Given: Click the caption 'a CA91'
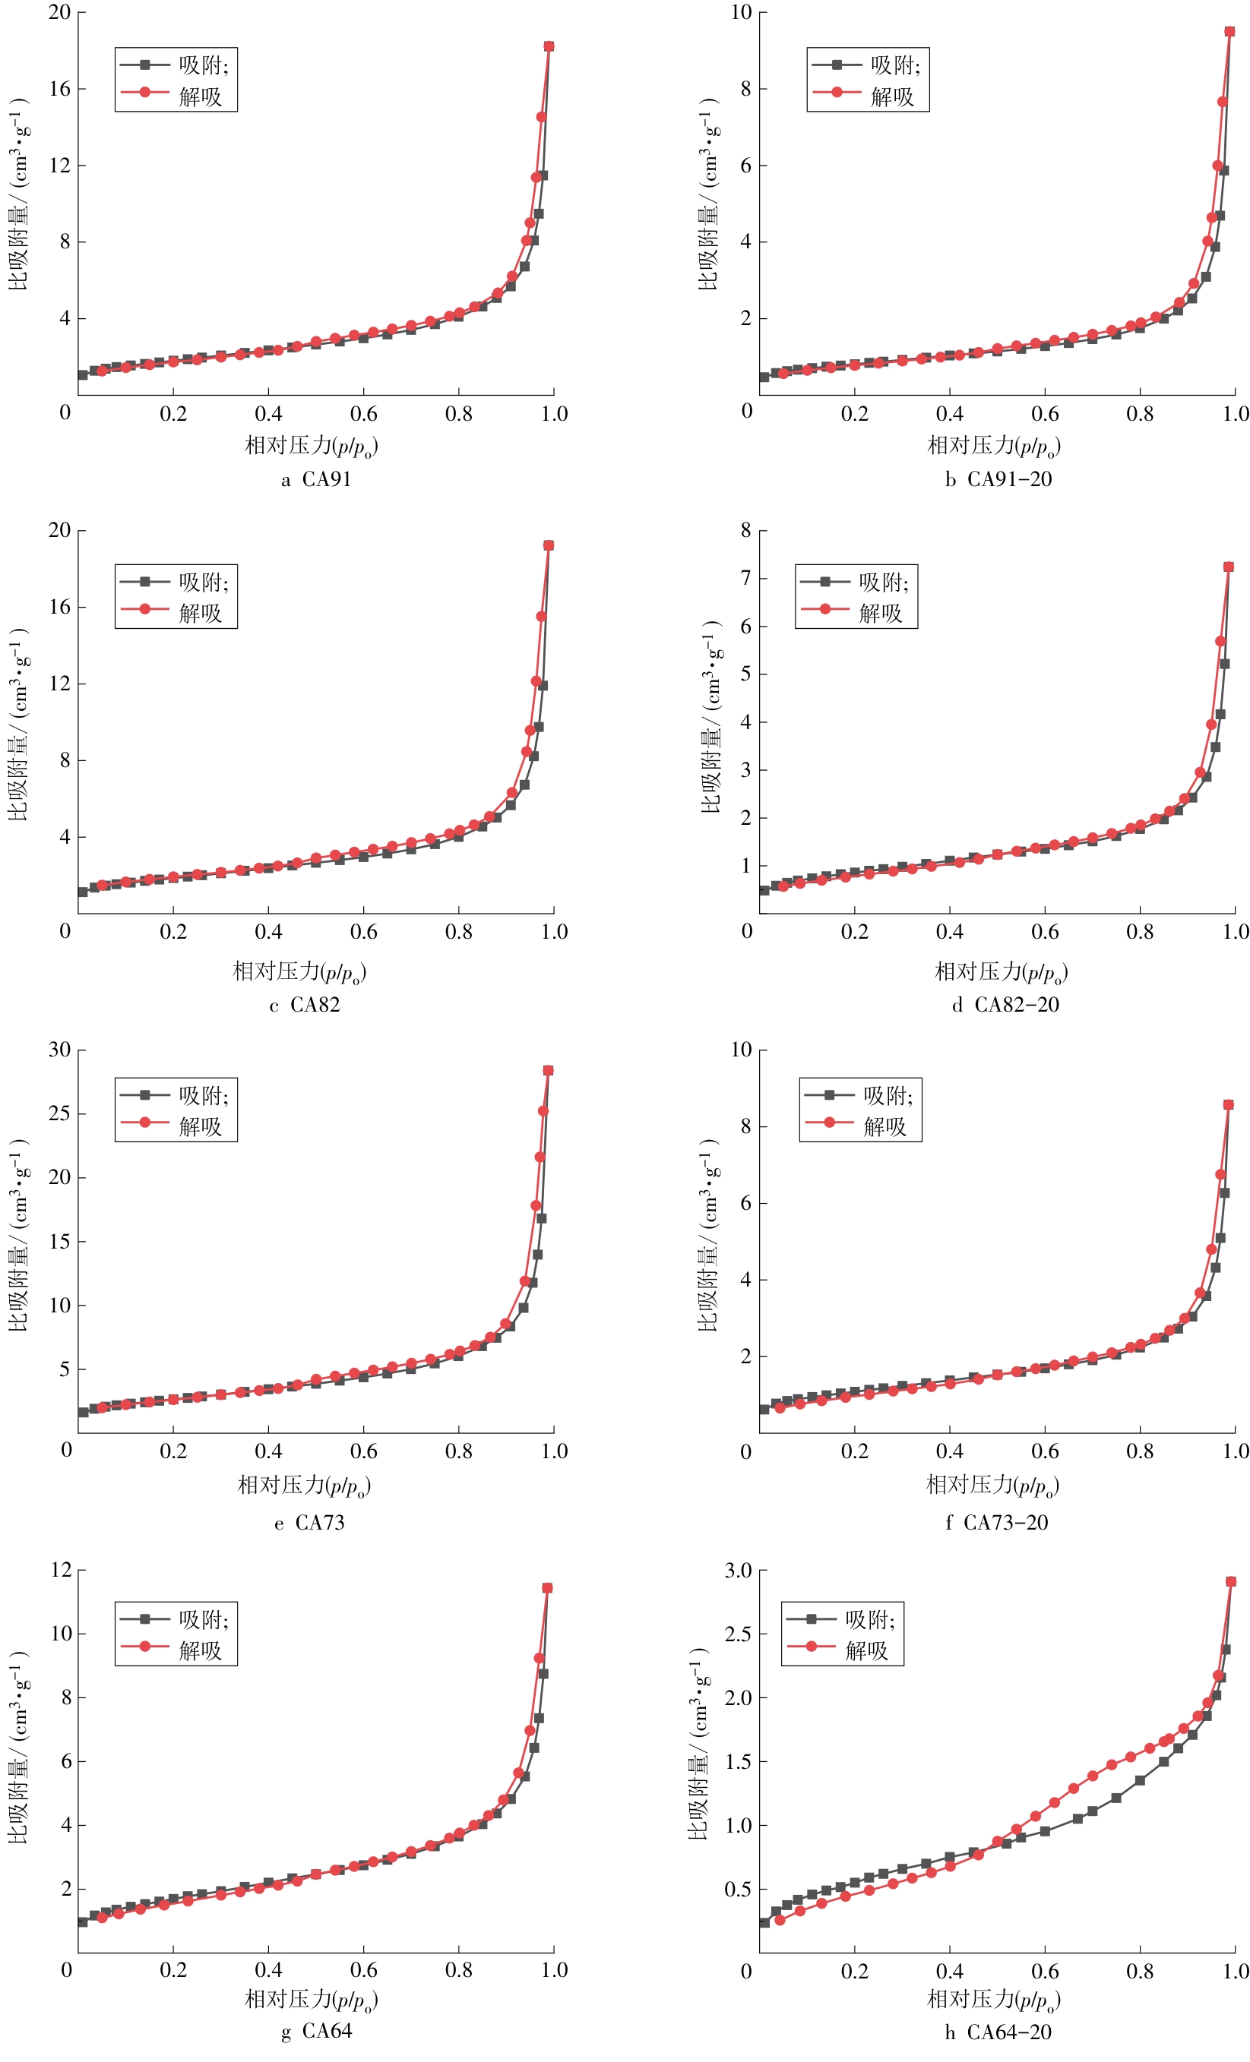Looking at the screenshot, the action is coord(315,480).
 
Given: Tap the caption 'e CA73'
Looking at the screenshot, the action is coord(309,1522).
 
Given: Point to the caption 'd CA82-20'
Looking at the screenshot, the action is coord(1005,1004).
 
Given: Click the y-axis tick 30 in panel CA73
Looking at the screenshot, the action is coord(59,1050).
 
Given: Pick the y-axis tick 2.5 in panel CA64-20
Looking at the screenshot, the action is coord(738,1634).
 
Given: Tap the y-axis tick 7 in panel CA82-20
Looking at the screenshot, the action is coord(745,577).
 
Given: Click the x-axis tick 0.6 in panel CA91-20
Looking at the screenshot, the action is coord(1045,413).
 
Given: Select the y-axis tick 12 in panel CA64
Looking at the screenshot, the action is coord(61,1569).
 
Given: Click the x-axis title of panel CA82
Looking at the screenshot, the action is coord(299,971).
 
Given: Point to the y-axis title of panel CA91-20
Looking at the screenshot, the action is coord(708,194).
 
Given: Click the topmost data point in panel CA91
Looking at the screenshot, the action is coord(549,46).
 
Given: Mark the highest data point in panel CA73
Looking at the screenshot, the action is coord(549,1070).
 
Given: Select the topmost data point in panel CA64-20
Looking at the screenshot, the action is coord(1230,1582).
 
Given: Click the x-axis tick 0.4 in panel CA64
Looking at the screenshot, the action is coord(269,1970).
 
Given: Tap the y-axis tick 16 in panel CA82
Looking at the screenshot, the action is coord(59,607).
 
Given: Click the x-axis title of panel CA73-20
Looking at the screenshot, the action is coord(993,1485).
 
